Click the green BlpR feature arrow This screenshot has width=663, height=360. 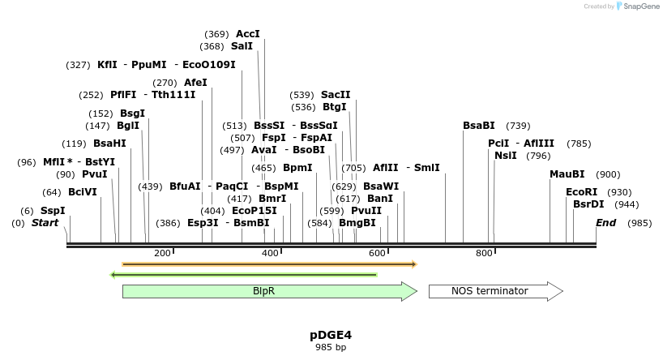268,291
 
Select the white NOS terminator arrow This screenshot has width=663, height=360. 495,291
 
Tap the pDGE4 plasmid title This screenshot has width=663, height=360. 331,334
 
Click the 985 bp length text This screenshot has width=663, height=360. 331,347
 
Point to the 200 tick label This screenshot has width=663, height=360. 162,253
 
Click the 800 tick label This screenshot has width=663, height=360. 485,253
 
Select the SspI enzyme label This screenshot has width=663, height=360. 53,211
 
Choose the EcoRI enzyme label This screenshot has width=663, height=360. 581,192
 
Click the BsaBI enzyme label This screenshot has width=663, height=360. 479,126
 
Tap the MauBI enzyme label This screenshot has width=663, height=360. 567,174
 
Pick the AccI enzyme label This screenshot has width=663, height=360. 248,34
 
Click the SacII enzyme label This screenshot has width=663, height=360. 336,95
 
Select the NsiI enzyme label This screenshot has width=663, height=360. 505,156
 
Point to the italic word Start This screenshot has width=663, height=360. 45,223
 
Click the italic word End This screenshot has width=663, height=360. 605,223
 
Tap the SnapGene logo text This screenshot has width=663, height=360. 641,6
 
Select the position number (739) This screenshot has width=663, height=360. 518,126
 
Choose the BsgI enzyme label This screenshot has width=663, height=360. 132,114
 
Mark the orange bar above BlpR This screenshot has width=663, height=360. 268,264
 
